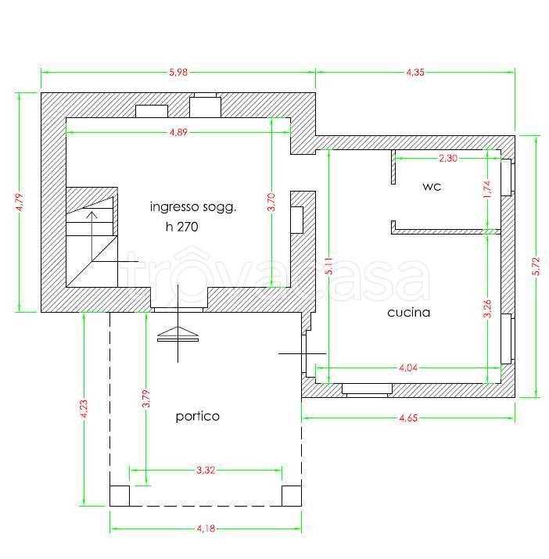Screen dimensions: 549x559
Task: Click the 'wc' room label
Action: (x=432, y=186)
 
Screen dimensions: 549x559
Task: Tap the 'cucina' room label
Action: (x=409, y=313)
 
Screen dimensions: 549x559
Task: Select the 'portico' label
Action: (x=198, y=417)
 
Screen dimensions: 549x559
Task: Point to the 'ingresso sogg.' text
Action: (x=193, y=207)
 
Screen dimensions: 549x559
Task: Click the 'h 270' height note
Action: (x=182, y=227)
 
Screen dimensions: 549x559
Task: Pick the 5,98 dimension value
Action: (x=178, y=73)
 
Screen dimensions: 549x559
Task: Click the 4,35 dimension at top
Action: (x=415, y=73)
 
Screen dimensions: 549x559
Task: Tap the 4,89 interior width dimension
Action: (x=178, y=133)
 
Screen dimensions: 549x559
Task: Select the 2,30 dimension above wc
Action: (x=448, y=158)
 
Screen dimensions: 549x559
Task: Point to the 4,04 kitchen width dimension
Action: (x=408, y=367)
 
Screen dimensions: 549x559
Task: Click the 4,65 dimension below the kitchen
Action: (x=408, y=417)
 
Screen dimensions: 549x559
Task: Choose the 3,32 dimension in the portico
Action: (x=206, y=470)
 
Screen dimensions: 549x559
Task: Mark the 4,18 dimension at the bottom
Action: (x=206, y=529)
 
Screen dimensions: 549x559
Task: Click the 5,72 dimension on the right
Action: (x=536, y=266)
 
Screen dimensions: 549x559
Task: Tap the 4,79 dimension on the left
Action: (x=20, y=202)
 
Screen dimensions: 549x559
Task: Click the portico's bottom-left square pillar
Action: (x=120, y=496)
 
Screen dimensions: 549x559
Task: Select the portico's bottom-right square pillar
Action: (x=292, y=496)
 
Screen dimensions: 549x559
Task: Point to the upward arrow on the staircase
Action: (x=92, y=236)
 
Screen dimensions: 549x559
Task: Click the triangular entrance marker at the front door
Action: (x=178, y=331)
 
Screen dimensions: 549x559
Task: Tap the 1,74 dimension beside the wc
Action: (x=487, y=189)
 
